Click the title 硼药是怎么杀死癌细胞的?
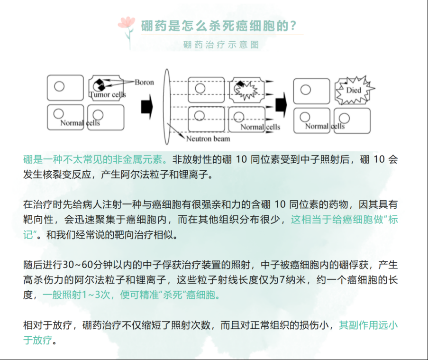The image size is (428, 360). [x=219, y=26]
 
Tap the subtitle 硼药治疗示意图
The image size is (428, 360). [x=221, y=45]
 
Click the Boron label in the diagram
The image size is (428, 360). [x=144, y=82]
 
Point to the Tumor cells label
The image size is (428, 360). [x=108, y=94]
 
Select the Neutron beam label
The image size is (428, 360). [x=208, y=139]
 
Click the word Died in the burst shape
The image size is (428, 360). [x=354, y=90]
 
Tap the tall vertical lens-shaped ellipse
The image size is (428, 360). [x=167, y=107]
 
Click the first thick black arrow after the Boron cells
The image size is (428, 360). [x=147, y=107]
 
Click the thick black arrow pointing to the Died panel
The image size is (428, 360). [x=281, y=105]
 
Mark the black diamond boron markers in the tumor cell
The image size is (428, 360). [x=100, y=85]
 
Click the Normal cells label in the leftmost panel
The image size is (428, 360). [x=80, y=123]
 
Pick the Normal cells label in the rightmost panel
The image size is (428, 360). [x=325, y=126]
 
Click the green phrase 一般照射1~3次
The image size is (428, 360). [x=76, y=295]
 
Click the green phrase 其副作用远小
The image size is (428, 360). [x=368, y=325]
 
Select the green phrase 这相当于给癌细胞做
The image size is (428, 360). [x=337, y=219]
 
